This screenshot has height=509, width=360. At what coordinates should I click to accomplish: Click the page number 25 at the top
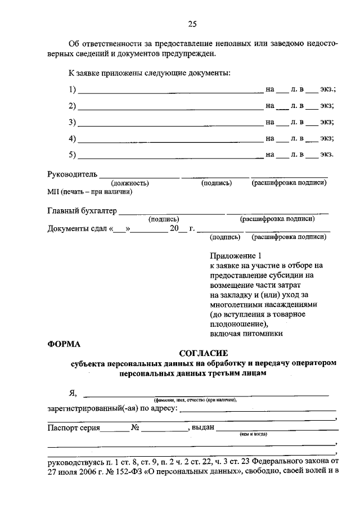click(x=192, y=23)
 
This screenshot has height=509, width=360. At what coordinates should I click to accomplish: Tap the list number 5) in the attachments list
click(x=72, y=154)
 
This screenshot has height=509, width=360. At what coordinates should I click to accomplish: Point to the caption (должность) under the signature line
click(x=129, y=183)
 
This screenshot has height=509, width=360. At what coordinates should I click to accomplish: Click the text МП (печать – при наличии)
click(x=89, y=192)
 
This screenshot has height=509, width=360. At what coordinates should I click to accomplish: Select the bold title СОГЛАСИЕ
click(x=203, y=353)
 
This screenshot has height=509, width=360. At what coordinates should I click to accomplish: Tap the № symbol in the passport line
click(x=135, y=428)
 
